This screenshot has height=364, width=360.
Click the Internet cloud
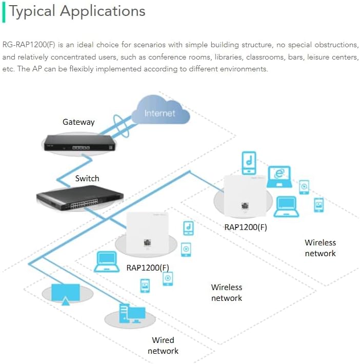pyautogui.click(x=159, y=112)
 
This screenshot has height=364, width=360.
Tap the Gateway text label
pyautogui.click(x=78, y=122)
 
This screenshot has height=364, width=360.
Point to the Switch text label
pyautogui.click(x=87, y=179)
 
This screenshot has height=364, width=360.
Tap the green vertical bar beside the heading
pyautogui.click(x=4, y=12)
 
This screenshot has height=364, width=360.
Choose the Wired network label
pyautogui.click(x=163, y=346)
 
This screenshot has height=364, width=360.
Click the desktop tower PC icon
pyautogui.click(x=128, y=313)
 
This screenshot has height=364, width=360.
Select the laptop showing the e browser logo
pyautogui.click(x=279, y=176)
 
